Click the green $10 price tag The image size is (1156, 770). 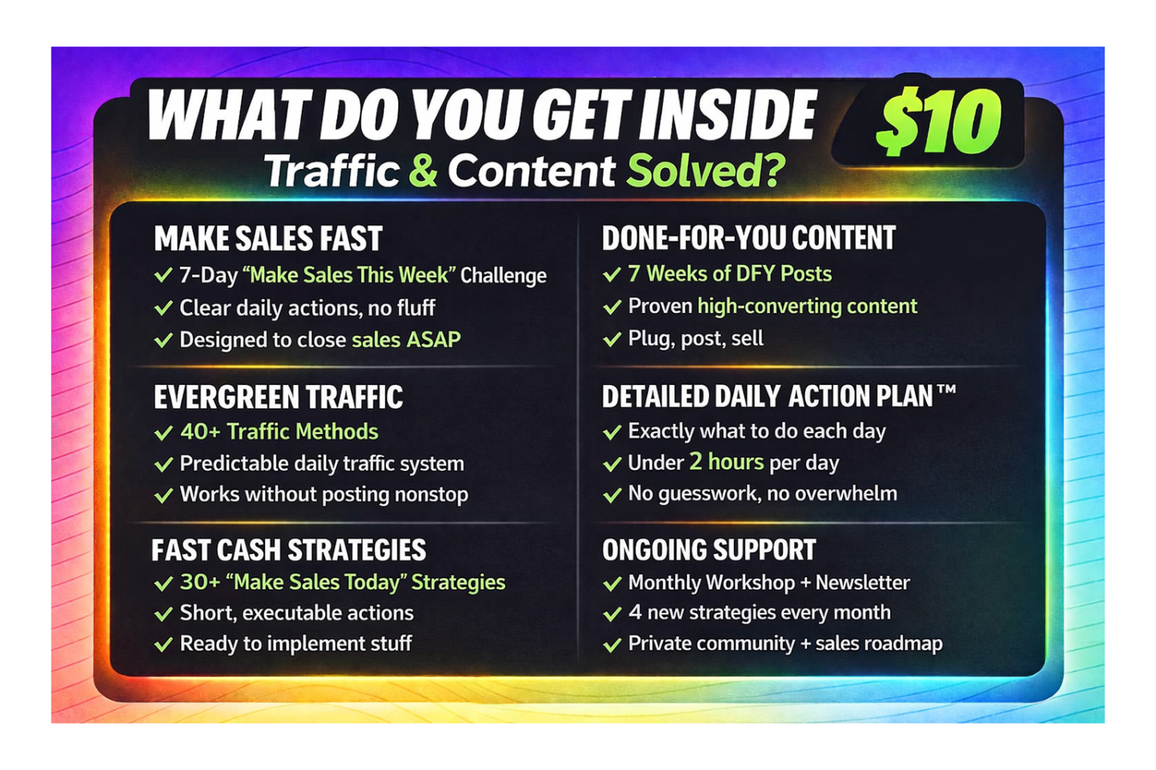click(x=938, y=121)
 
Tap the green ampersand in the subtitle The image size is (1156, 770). click(x=422, y=170)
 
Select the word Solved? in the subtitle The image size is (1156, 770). click(x=706, y=170)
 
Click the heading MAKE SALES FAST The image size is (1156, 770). click(x=268, y=238)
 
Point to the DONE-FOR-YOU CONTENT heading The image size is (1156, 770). click(x=749, y=237)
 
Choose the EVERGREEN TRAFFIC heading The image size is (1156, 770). click(x=278, y=396)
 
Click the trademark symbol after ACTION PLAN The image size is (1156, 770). click(x=946, y=391)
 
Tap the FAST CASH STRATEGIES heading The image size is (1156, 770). click(x=289, y=549)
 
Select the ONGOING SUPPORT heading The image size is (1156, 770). click(x=709, y=549)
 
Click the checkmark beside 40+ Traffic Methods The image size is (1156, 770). click(x=164, y=432)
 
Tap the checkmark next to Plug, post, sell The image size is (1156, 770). click(x=612, y=338)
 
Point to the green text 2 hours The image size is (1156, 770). click(x=727, y=462)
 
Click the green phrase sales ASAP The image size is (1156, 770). click(x=406, y=340)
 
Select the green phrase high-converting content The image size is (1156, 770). click(x=807, y=306)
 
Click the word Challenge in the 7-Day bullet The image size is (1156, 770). click(x=503, y=276)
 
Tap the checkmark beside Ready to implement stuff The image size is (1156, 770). click(x=164, y=644)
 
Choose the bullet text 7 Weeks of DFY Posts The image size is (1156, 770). click(x=730, y=274)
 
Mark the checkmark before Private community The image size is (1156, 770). click(x=612, y=645)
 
